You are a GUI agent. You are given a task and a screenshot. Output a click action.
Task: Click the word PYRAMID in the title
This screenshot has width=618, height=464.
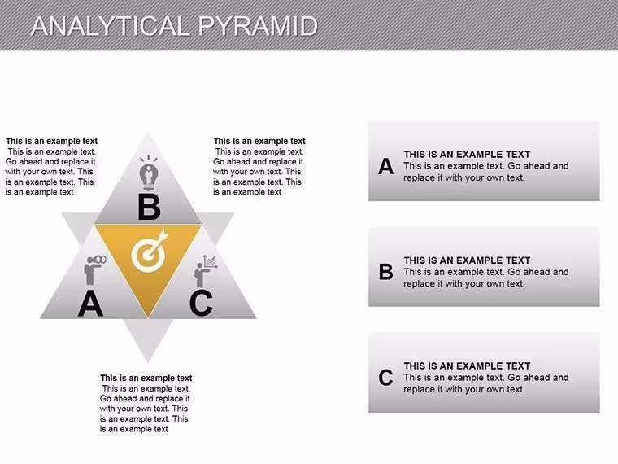tap(258, 26)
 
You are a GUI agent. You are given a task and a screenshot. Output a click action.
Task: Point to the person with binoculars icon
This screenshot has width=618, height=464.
tap(94, 270)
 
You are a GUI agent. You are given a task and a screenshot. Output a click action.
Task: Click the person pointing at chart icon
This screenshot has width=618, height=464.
tap(206, 271)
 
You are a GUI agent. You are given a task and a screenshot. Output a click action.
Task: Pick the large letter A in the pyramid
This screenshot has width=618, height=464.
tap(90, 304)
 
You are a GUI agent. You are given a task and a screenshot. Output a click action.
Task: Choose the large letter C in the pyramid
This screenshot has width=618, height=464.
tap(201, 303)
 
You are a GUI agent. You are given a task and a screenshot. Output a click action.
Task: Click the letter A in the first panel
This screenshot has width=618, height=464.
tap(386, 166)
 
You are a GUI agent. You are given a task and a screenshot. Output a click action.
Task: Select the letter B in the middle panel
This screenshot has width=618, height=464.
tap(386, 272)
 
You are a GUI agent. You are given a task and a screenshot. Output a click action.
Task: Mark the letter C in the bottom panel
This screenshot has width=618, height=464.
tap(386, 377)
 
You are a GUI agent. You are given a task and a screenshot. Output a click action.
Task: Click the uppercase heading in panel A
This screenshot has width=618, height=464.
tap(467, 155)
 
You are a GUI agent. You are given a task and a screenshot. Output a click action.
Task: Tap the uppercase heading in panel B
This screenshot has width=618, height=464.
tap(467, 260)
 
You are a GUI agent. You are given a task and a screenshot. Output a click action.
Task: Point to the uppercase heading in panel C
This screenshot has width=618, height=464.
tap(467, 366)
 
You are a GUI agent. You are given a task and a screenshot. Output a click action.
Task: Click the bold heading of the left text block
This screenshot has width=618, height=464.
tap(51, 142)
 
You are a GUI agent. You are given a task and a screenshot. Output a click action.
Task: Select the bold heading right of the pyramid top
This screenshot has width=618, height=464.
tap(259, 142)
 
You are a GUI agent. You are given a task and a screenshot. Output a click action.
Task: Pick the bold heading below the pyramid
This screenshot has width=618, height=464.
tap(146, 378)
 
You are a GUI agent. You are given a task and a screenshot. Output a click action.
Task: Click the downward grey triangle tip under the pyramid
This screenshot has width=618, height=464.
tap(148, 362)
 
